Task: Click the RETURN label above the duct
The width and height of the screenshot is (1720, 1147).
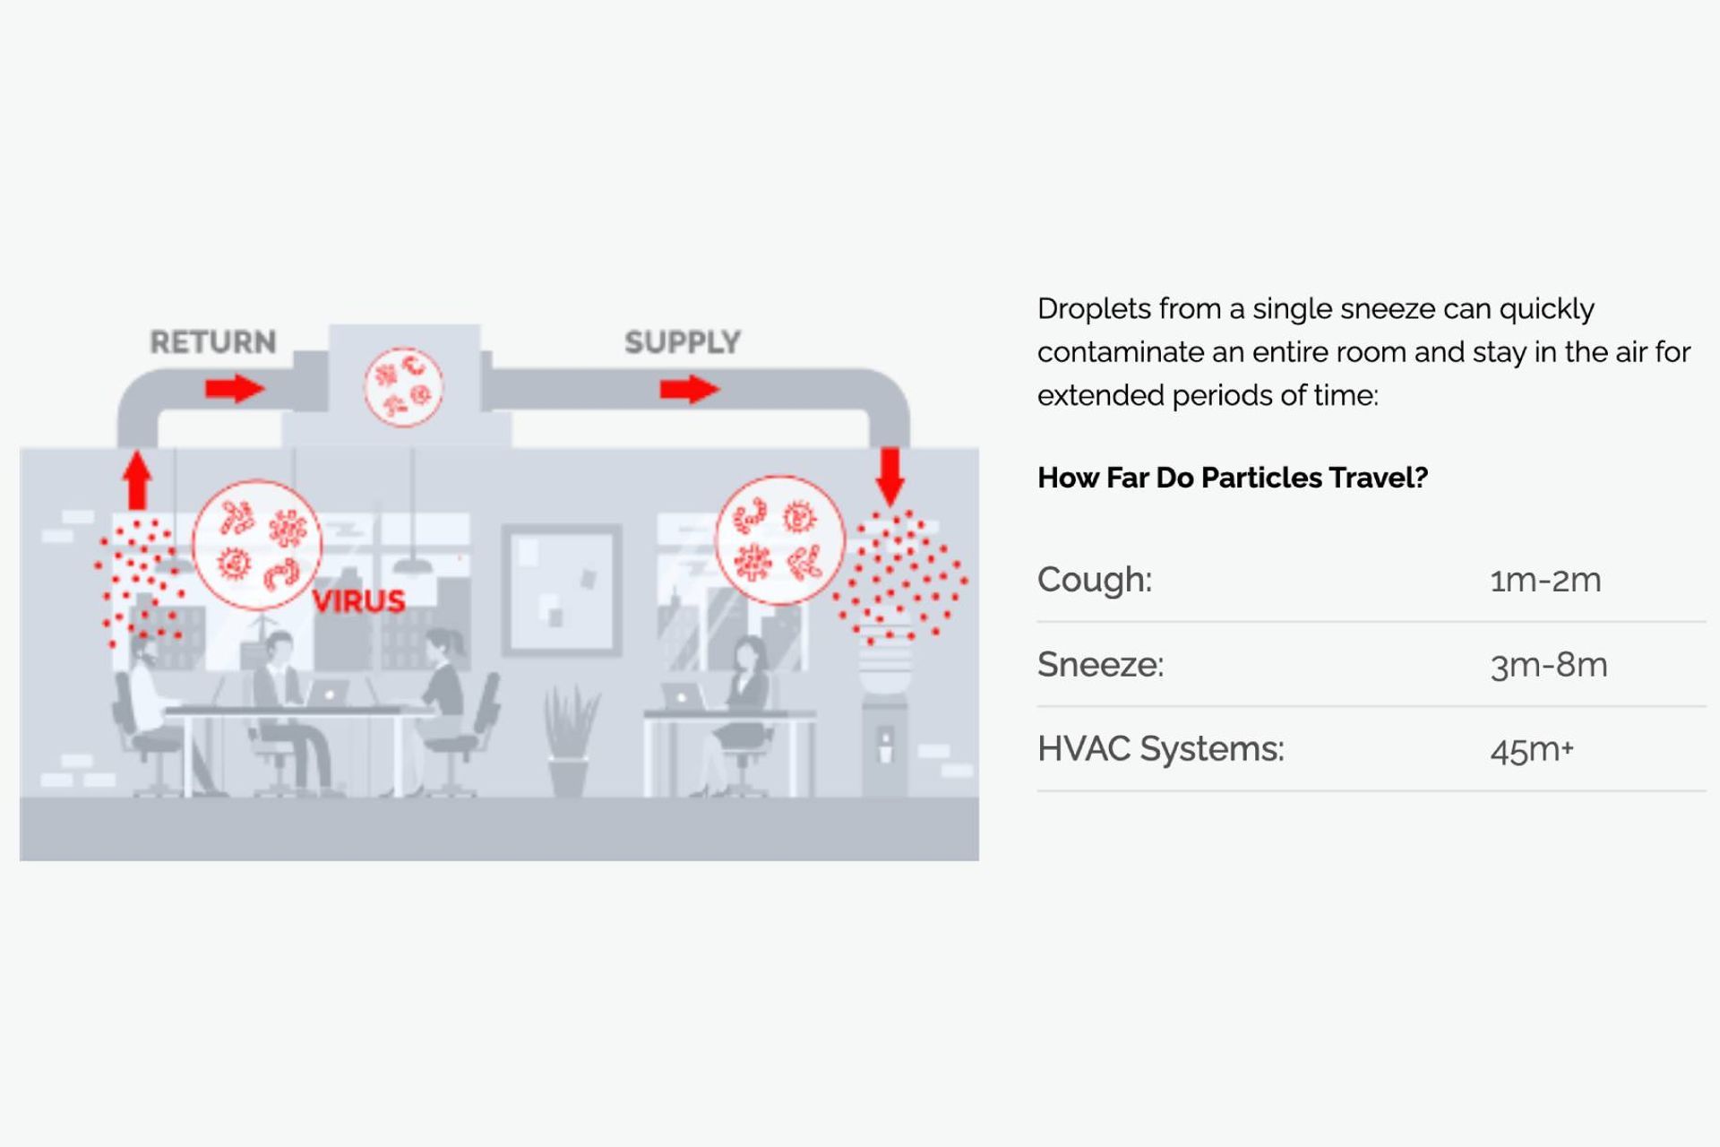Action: (213, 341)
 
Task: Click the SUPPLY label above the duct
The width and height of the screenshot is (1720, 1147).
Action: (682, 341)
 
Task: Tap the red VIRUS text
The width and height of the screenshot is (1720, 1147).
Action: (358, 600)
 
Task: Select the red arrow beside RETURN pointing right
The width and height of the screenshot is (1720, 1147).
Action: (235, 389)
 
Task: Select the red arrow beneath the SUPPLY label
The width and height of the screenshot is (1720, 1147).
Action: (689, 389)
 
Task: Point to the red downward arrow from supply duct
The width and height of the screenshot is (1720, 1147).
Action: (890, 476)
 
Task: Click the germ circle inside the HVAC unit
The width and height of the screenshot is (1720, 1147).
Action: (403, 387)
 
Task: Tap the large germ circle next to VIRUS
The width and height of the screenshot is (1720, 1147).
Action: (257, 545)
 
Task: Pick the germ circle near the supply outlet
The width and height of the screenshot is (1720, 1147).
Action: (780, 540)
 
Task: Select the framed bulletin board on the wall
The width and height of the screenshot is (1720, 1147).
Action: (562, 589)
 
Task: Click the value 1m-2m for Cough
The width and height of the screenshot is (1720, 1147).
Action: (1545, 580)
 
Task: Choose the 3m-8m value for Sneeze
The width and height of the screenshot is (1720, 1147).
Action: (1549, 665)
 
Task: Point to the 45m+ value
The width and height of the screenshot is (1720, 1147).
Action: (1532, 749)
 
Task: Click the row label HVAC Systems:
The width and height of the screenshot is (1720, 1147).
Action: (1160, 748)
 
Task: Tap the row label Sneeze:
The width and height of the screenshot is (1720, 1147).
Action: (1100, 664)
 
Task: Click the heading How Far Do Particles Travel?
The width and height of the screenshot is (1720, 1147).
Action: (1232, 478)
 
